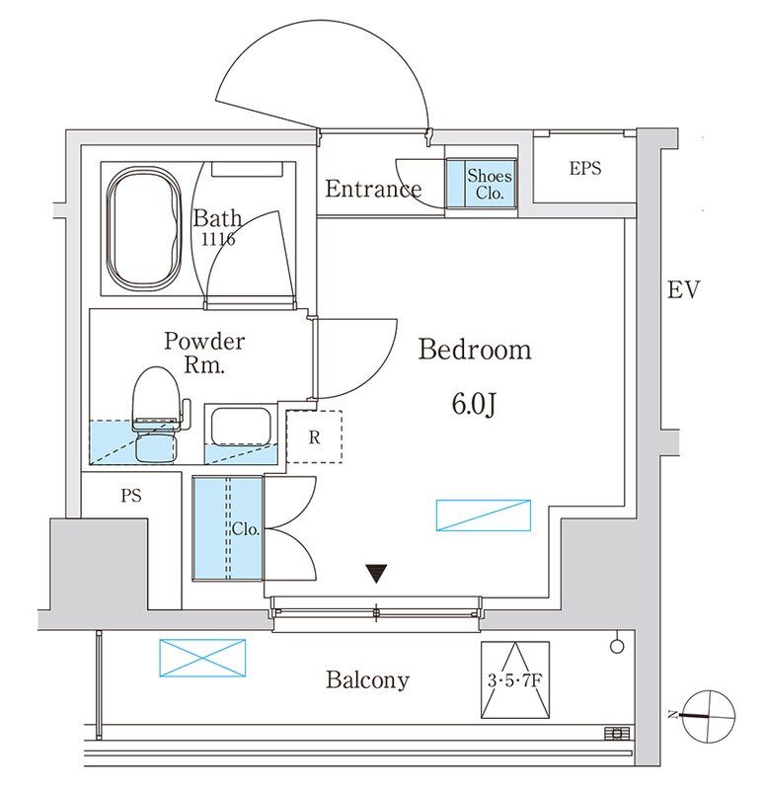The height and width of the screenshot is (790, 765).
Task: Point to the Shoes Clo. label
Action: [x=490, y=184]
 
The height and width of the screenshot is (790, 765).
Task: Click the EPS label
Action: [x=584, y=169]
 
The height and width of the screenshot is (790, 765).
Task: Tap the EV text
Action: [x=683, y=290]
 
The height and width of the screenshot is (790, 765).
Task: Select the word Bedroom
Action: [x=475, y=350]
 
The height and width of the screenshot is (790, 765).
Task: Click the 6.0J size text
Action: [x=476, y=403]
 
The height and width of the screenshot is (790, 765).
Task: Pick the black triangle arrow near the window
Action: [x=376, y=573]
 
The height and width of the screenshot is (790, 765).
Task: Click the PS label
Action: [x=131, y=497]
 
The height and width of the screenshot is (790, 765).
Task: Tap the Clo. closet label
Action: [x=246, y=529]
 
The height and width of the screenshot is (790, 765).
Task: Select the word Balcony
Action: [x=367, y=679]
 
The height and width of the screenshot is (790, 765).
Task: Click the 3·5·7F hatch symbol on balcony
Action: [x=513, y=680]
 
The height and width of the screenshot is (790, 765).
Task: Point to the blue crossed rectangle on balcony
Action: [x=201, y=658]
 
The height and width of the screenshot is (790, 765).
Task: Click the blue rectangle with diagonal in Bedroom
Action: [x=484, y=515]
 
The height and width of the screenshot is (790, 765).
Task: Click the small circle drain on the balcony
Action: [x=618, y=646]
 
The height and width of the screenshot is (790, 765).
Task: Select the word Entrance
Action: [x=373, y=189]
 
